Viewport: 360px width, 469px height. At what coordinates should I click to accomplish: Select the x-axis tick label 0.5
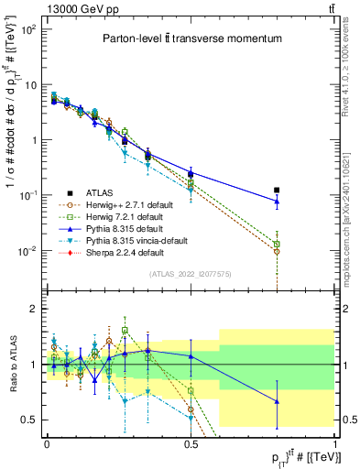pos(191,442)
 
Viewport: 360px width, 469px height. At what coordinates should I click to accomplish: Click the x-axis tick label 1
pos(334,442)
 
